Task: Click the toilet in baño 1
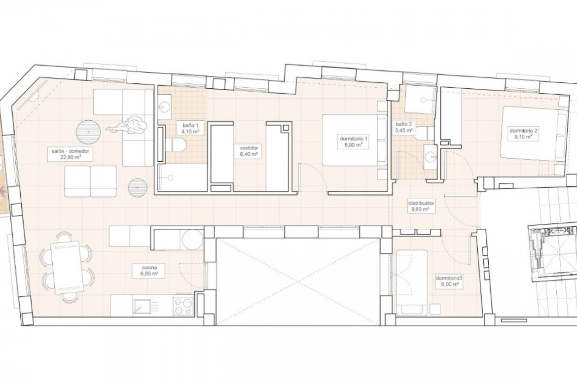pyautogui.click(x=177, y=144)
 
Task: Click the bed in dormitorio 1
pyautogui.click(x=355, y=140)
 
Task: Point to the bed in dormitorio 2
pyautogui.click(x=535, y=133)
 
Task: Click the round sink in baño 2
pyautogui.click(x=431, y=157)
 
